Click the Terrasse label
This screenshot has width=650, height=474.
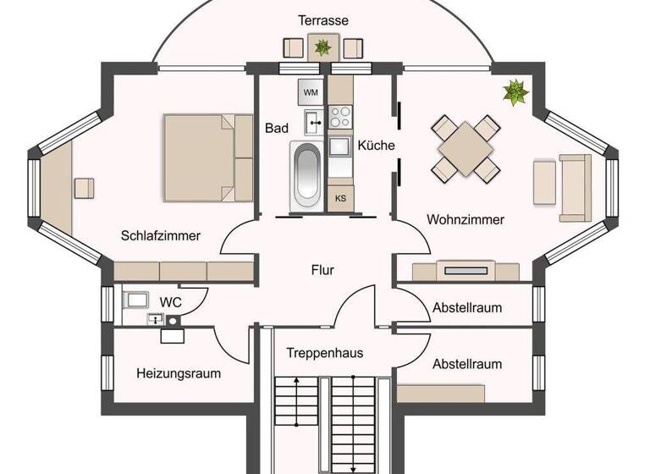coord(322,19)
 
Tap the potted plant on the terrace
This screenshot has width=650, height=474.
coord(322,47)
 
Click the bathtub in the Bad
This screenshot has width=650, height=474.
coord(306,176)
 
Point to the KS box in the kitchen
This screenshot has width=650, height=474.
coord(340,197)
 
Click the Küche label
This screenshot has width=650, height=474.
coord(376,146)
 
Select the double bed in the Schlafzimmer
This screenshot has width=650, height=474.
coord(208,158)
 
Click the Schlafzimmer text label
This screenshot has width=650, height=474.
coord(160,235)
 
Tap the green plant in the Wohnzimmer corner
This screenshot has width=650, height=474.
coord(514,91)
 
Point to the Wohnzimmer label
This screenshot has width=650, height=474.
coord(465,219)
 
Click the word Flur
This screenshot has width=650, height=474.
coord(322,271)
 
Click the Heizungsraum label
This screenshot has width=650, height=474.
coord(179,372)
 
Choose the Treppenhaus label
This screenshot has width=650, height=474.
coord(324,352)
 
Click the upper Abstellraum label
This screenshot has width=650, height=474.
coord(466,307)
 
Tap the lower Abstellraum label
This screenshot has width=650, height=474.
coord(466,364)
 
